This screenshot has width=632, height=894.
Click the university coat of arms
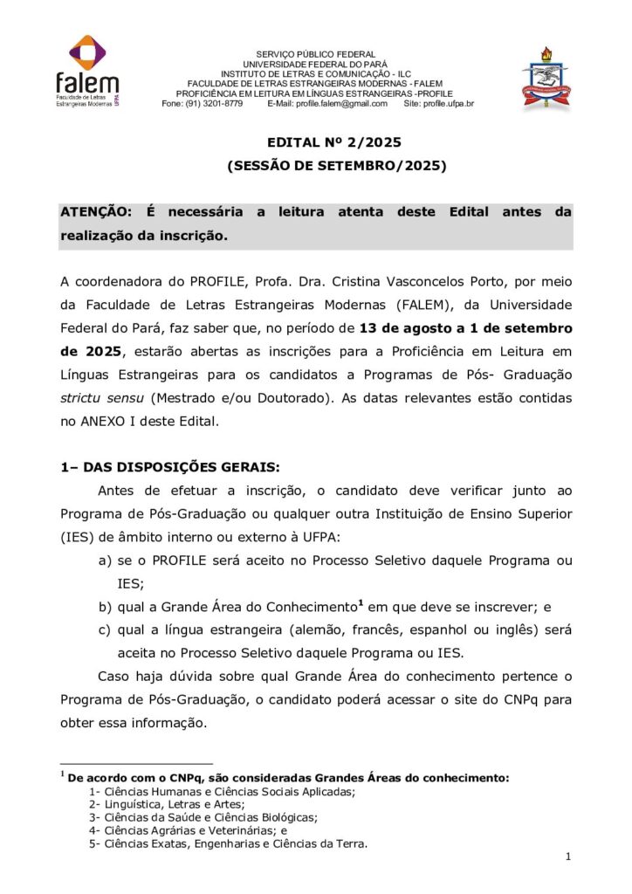(547, 77)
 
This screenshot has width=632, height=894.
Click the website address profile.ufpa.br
(449, 104)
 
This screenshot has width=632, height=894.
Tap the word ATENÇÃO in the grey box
(94, 212)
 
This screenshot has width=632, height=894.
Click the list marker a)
(105, 560)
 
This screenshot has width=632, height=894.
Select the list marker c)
(105, 630)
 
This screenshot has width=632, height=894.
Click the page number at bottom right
(568, 858)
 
